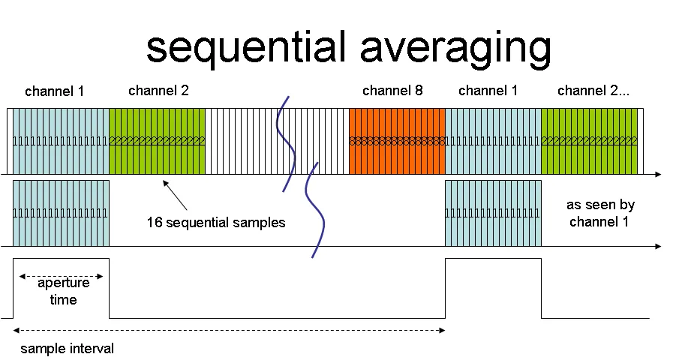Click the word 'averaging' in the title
[x=449, y=48]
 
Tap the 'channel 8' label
[x=392, y=91]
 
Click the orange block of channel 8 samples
[x=397, y=141]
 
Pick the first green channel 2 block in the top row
[x=157, y=141]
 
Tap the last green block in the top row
[x=589, y=141]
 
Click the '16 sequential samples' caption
[x=216, y=223]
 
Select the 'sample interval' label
[x=67, y=349]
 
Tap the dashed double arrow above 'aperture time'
[x=61, y=274]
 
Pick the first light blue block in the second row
[x=61, y=213]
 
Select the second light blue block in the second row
[x=493, y=213]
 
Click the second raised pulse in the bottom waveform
[x=493, y=285]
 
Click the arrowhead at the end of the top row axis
[x=657, y=174]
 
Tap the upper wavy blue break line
[x=284, y=142]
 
